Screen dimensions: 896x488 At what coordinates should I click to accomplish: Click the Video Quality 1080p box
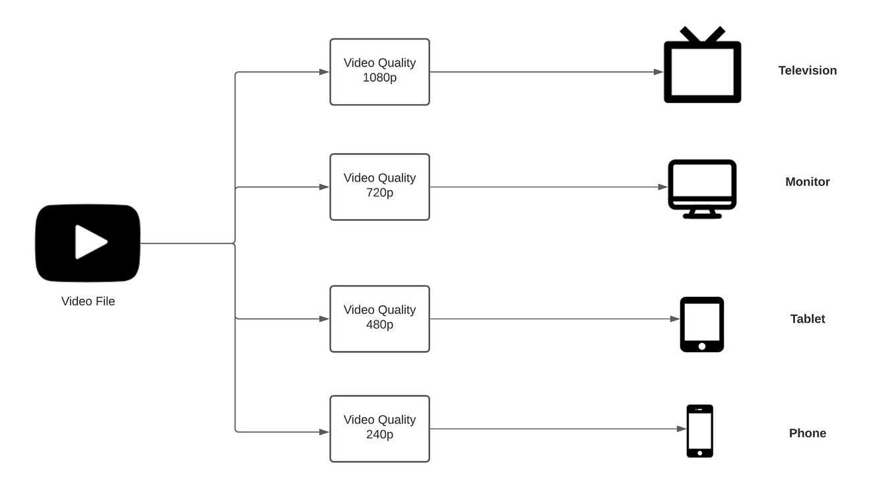379,72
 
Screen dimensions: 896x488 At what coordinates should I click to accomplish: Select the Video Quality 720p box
379,187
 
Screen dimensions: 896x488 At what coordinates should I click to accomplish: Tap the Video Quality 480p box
379,319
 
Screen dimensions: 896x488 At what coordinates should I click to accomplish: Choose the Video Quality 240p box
379,429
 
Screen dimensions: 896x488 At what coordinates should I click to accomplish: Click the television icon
703,97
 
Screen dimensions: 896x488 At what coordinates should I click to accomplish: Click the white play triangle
89,242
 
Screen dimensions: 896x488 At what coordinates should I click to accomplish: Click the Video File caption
88,301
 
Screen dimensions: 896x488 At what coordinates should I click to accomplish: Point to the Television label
807,71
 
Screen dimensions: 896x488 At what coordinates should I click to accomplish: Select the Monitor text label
807,182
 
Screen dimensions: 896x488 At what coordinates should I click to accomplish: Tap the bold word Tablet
807,319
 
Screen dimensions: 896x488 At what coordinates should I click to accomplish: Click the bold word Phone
807,433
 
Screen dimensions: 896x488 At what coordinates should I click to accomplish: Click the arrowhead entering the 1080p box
324,72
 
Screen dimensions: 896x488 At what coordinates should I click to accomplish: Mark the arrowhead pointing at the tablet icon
674,319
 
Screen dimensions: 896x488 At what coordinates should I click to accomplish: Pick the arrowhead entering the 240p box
324,432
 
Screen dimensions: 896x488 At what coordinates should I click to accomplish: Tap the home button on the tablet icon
702,346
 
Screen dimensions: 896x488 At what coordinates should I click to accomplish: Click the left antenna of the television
691,34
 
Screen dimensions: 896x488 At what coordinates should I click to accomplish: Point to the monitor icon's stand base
702,216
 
